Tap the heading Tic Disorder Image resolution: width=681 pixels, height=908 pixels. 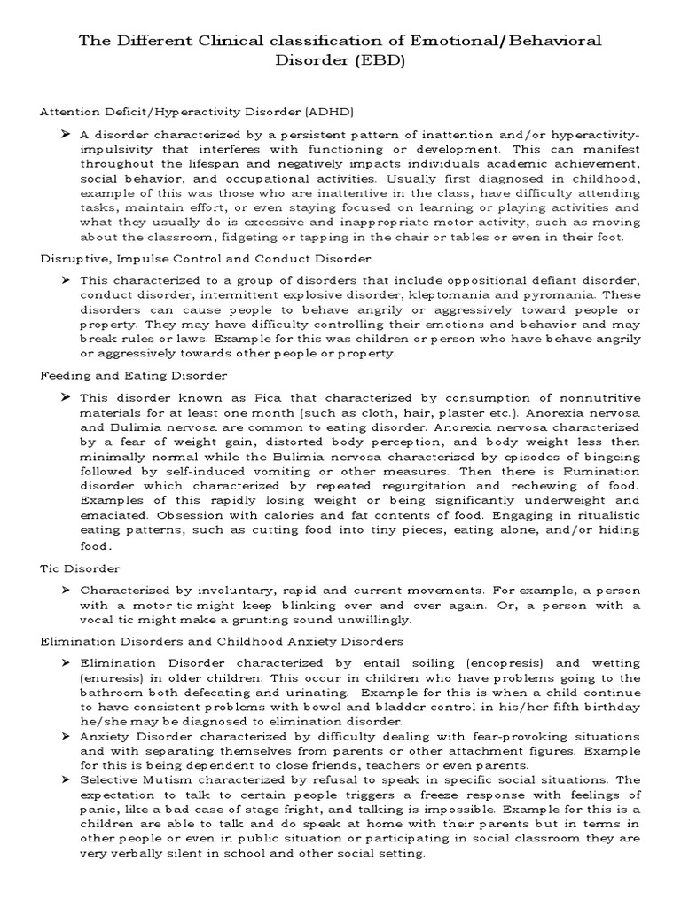tap(81, 567)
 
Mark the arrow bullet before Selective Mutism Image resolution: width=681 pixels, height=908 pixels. tap(67, 779)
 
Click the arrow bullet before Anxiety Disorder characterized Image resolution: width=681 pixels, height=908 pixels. tap(67, 736)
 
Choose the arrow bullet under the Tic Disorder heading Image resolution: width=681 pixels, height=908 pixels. tap(67, 590)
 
